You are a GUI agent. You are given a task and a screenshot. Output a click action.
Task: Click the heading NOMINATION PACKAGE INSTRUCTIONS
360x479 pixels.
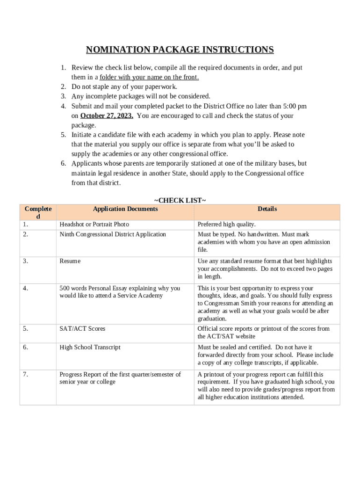180,50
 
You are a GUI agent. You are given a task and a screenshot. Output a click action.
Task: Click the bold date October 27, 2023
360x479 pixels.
107,116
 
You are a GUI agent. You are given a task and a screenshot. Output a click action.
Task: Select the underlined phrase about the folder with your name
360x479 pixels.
149,77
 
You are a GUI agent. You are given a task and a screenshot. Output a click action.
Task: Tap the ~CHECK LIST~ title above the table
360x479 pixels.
180,200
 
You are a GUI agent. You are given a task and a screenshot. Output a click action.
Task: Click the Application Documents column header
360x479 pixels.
125,209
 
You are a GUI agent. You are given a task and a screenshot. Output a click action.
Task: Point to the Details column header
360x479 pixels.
267,209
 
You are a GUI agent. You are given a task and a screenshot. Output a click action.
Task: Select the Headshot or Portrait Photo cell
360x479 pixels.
94,225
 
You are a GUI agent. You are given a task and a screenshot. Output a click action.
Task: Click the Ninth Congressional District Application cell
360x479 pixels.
113,234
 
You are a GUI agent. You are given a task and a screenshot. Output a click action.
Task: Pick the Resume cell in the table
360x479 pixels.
70,261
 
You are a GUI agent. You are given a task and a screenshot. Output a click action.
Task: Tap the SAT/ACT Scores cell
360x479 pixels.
82,329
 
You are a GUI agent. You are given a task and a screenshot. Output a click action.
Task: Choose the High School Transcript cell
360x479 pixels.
90,347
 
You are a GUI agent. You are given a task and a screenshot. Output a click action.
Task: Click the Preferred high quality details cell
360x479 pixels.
226,225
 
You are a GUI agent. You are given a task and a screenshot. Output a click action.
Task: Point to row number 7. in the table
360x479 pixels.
25,374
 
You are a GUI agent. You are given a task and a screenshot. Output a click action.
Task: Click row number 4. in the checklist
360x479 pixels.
25,288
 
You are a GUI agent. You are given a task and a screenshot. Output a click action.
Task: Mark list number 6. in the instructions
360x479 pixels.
63,163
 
